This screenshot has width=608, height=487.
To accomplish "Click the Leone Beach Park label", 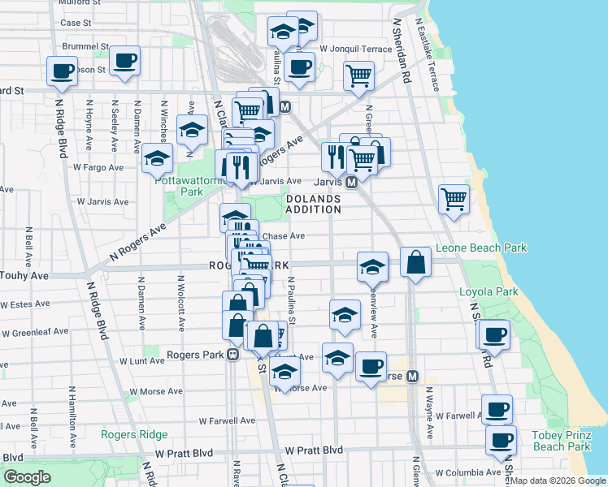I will point(481,248).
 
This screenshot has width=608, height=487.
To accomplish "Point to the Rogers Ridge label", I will point(134,434).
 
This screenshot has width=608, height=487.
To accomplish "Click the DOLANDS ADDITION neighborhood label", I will point(313,204).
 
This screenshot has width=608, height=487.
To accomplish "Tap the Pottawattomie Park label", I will point(191,186).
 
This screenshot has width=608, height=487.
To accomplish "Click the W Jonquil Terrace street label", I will point(356,49).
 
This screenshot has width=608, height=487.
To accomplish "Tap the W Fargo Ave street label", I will point(98,167).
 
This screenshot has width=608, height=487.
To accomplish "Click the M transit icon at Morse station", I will point(412,376).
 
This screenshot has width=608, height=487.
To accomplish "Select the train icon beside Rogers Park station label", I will point(233,355).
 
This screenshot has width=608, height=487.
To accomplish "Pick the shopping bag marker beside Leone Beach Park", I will point(415,263).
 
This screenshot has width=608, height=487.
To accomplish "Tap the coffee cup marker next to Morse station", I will point(371,366).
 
